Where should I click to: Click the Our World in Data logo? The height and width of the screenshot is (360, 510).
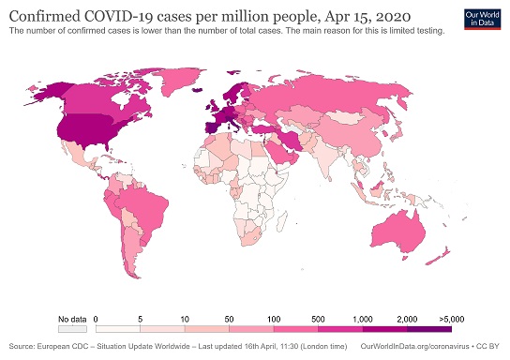(x=484, y=20)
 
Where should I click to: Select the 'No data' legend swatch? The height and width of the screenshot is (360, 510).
(x=71, y=329)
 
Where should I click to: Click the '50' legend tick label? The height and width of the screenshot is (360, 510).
(x=231, y=320)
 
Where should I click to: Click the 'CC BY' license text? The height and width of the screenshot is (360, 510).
(x=492, y=346)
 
